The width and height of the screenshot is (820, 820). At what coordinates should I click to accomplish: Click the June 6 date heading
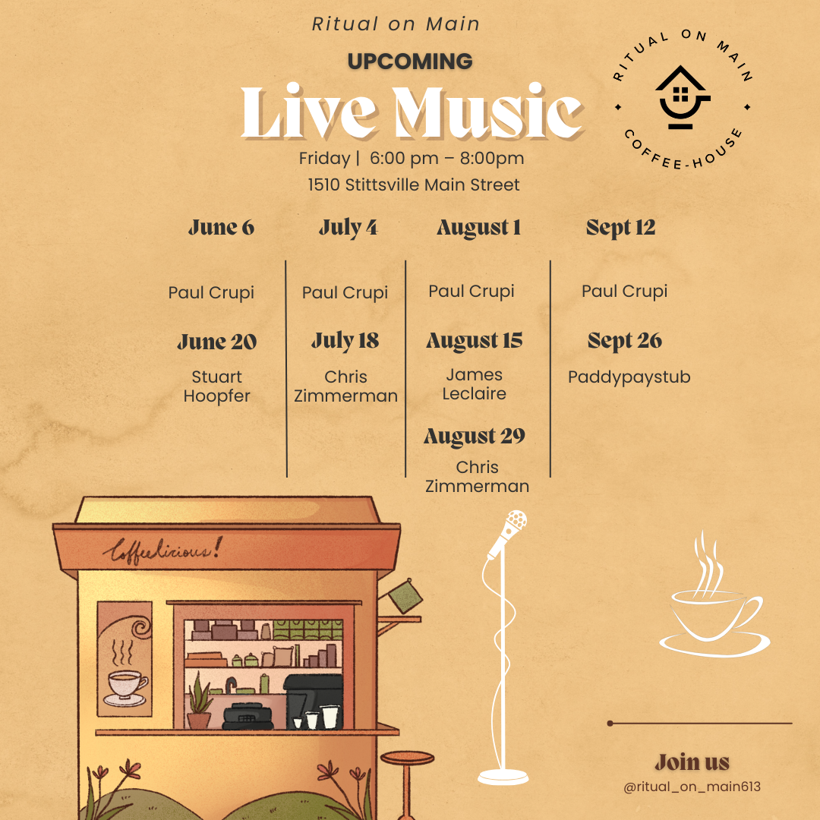click(221, 228)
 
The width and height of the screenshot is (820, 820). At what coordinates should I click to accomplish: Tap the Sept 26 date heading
click(624, 341)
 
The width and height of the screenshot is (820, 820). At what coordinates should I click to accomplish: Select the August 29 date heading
click(475, 436)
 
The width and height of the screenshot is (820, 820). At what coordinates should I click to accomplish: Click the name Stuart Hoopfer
click(216, 386)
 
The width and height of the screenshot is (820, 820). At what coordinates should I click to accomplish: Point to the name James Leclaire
click(474, 384)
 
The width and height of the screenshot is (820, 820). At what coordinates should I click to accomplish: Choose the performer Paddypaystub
click(629, 377)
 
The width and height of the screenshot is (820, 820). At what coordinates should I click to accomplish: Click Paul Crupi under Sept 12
click(624, 292)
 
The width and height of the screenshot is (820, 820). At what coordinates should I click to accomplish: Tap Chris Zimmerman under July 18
click(345, 386)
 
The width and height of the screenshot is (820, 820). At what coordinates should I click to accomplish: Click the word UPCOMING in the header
click(410, 61)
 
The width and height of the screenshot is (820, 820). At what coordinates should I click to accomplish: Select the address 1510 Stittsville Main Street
click(414, 184)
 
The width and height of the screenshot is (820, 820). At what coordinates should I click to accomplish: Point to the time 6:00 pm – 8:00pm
click(446, 158)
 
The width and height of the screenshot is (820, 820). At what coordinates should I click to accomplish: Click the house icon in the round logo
click(682, 97)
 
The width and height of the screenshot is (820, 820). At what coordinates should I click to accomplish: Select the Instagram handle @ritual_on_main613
click(692, 787)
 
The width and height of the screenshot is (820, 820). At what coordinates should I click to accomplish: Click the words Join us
click(692, 762)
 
